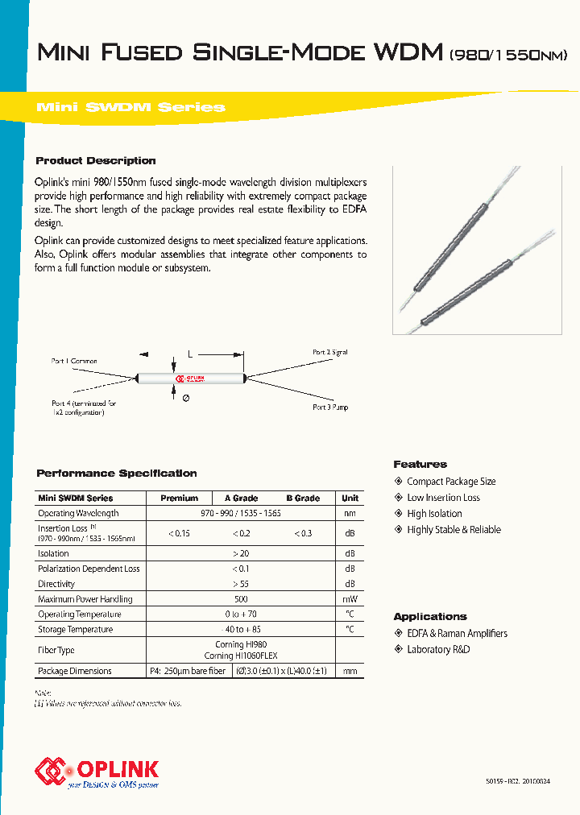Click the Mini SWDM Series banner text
(x=131, y=107)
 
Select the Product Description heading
(x=96, y=160)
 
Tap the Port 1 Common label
(x=74, y=362)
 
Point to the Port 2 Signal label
(x=330, y=353)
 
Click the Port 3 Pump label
(x=330, y=407)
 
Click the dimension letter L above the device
(x=189, y=354)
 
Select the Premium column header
(x=179, y=499)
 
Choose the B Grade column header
(x=303, y=499)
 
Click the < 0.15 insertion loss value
(x=179, y=533)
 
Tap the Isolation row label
(x=54, y=553)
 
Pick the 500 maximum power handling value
(x=241, y=599)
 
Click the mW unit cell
(x=350, y=599)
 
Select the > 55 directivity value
(x=241, y=584)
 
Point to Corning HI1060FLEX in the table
(x=241, y=656)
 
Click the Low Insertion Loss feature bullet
(x=443, y=498)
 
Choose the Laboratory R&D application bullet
(x=438, y=649)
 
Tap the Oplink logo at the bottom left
(x=97, y=772)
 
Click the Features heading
(x=420, y=465)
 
